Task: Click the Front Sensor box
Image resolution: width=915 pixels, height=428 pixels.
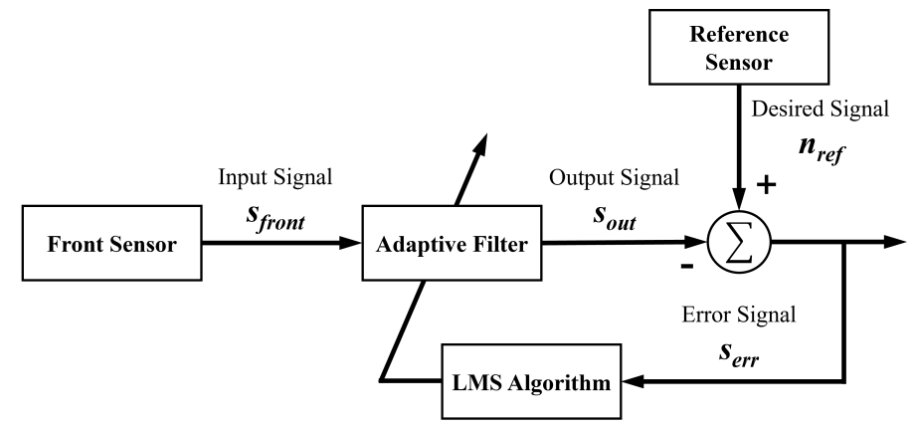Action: coord(111,243)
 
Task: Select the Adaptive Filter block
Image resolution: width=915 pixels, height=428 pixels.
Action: coord(452,243)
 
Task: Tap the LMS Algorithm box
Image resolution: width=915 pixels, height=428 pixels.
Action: coord(532,382)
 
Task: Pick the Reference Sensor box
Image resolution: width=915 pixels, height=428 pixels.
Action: coord(739,47)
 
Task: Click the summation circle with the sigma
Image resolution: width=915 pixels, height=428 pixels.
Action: coord(739,242)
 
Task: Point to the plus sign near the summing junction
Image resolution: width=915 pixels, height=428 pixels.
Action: coord(766,186)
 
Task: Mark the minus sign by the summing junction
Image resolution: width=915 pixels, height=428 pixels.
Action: coord(687,267)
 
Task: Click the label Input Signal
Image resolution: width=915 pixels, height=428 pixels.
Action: coord(274,177)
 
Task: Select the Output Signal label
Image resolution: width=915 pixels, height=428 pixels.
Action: coord(614,177)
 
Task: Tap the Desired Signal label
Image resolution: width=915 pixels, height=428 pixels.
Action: coord(820,108)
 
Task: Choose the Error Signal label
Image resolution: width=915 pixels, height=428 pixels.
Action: coord(739,316)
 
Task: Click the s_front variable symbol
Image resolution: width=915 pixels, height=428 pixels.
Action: coord(275,217)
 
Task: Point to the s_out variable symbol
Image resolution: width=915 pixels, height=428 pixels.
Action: coord(615,217)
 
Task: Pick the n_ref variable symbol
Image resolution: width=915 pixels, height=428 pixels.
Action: coord(822,151)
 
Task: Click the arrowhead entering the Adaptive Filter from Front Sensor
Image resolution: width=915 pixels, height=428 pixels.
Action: coord(351,242)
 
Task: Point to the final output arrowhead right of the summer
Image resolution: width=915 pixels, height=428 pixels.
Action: coord(896,242)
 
